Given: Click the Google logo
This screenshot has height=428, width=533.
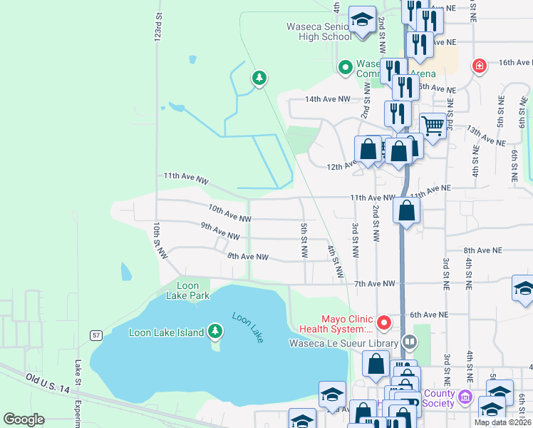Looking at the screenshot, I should (24, 419).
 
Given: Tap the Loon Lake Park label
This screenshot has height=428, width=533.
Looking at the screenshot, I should (187, 290).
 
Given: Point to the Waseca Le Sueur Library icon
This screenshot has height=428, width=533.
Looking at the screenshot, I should (410, 343).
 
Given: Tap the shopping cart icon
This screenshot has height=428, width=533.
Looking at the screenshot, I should (433, 126).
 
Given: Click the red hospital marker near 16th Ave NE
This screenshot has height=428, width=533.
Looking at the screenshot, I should (480, 66).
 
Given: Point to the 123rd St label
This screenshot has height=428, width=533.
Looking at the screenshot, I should (159, 26).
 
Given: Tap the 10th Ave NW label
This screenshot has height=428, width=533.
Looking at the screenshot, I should (229, 213).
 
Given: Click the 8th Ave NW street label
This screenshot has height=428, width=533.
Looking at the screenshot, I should (248, 256).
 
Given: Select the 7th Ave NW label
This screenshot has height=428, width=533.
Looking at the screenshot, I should (374, 284).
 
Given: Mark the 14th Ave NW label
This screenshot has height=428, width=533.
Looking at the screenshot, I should (328, 99).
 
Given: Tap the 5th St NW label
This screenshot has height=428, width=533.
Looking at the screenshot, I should (304, 240).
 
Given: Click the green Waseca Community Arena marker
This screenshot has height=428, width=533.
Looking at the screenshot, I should (346, 68).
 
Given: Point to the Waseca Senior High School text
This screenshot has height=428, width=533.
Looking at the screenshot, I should (319, 31).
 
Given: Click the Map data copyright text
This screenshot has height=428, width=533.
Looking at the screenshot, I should (502, 422).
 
